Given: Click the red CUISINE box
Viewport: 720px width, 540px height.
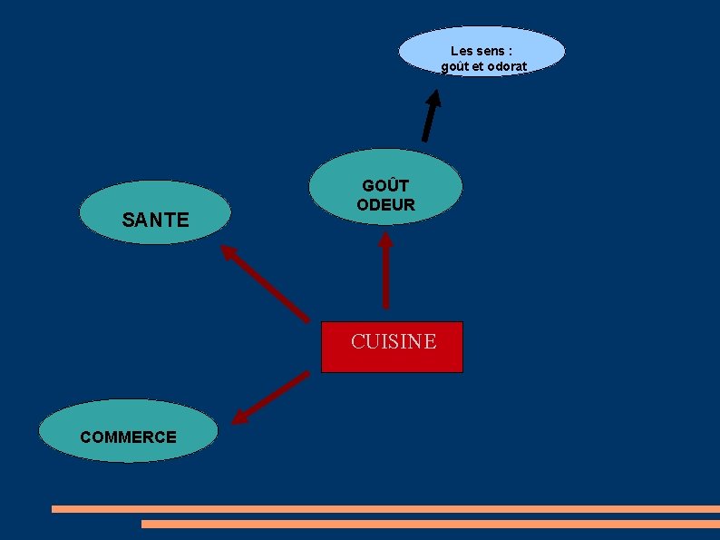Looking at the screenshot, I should (392, 348).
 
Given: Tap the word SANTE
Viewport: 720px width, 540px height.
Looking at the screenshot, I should (155, 220).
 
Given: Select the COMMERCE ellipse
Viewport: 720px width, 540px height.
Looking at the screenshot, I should (128, 432).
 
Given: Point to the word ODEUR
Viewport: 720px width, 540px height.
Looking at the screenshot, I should (385, 205).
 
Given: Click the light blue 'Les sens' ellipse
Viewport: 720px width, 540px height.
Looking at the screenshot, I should (482, 52).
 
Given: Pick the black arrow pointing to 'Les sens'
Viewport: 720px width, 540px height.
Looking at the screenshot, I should (431, 114).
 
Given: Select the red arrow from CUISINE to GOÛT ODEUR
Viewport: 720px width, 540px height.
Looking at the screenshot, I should (385, 272).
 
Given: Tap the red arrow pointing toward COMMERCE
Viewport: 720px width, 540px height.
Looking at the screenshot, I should (270, 398).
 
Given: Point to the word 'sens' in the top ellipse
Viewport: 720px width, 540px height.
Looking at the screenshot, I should (491, 51).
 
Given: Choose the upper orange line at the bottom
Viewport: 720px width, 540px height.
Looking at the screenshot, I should (385, 509).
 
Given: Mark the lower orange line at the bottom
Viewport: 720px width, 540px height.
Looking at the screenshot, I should (430, 524).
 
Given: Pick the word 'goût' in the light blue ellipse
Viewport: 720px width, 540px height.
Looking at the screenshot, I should (455, 67).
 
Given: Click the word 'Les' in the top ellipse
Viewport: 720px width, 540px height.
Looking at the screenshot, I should (462, 51).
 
